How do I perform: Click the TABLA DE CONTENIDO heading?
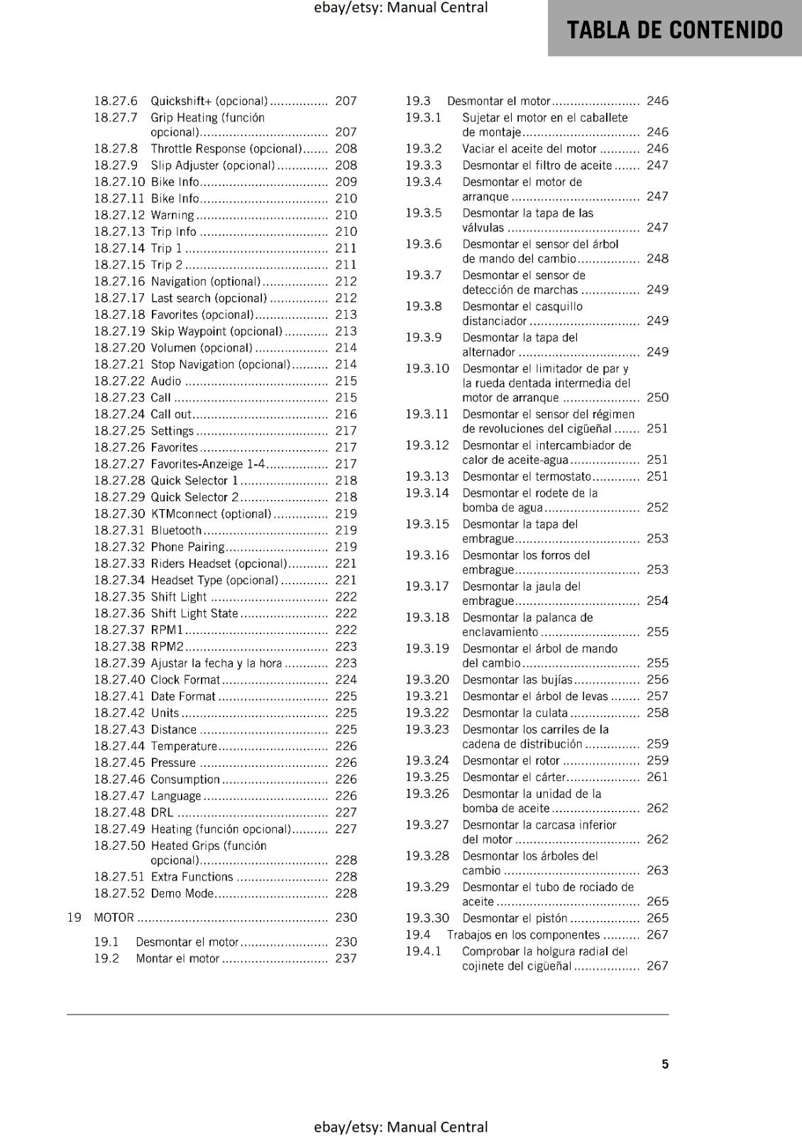click(675, 30)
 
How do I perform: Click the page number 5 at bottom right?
click(665, 1064)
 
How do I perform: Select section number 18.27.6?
click(116, 102)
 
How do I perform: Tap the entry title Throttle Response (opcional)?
click(226, 149)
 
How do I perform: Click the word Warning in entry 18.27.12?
click(172, 215)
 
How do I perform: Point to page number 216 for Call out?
click(346, 415)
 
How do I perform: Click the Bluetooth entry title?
click(176, 530)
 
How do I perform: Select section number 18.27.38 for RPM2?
click(119, 647)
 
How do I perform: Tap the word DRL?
click(162, 813)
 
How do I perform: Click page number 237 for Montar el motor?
click(346, 958)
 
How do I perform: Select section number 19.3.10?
click(427, 368)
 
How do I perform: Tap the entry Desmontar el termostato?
click(526, 477)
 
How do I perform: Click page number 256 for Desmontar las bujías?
click(657, 680)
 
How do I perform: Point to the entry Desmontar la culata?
click(515, 714)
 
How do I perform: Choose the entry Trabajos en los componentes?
click(523, 935)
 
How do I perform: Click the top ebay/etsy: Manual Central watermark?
click(400, 8)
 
